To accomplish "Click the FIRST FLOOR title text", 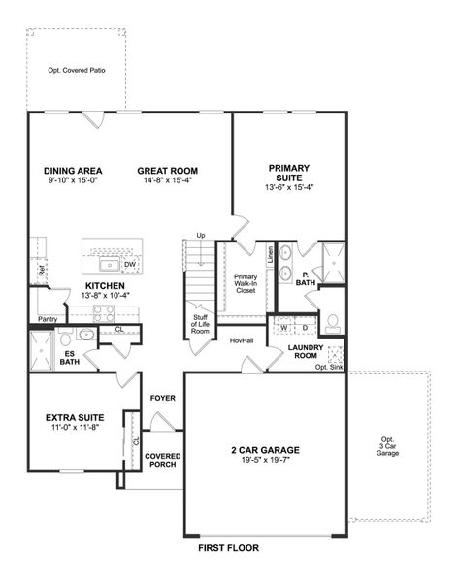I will (x=228, y=548).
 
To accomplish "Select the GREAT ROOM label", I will (x=167, y=171).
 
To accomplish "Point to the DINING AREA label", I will (x=73, y=171).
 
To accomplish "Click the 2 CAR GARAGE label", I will (x=264, y=449).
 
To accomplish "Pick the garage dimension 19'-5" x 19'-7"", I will (x=264, y=462).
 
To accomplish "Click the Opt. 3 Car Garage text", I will (x=388, y=448).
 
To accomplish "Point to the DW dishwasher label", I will (x=129, y=264).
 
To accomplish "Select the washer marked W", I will (x=283, y=328).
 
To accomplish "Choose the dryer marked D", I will (x=304, y=328).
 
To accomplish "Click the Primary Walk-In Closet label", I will (x=246, y=282).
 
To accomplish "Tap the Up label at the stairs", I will (x=201, y=236).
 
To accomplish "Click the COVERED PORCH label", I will (x=161, y=460).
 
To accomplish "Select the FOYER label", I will (x=161, y=398).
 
